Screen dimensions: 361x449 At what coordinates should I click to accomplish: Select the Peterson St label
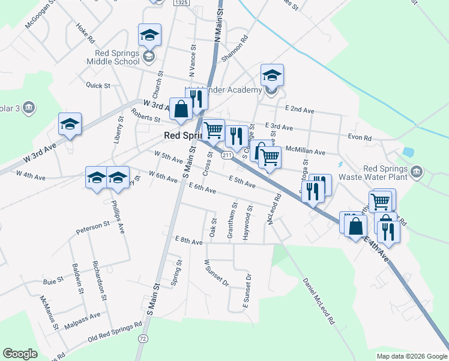[92, 227]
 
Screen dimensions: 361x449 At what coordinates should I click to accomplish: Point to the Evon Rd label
[360, 138]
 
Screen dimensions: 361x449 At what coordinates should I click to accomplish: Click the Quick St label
[98, 85]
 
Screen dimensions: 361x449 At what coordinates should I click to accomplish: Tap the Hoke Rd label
[86, 32]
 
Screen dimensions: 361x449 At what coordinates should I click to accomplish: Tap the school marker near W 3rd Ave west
[70, 125]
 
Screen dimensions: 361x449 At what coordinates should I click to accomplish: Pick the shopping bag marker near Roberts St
[181, 110]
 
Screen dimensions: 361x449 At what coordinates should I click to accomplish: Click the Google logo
[20, 354]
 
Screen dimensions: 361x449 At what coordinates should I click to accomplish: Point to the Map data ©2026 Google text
[411, 356]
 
